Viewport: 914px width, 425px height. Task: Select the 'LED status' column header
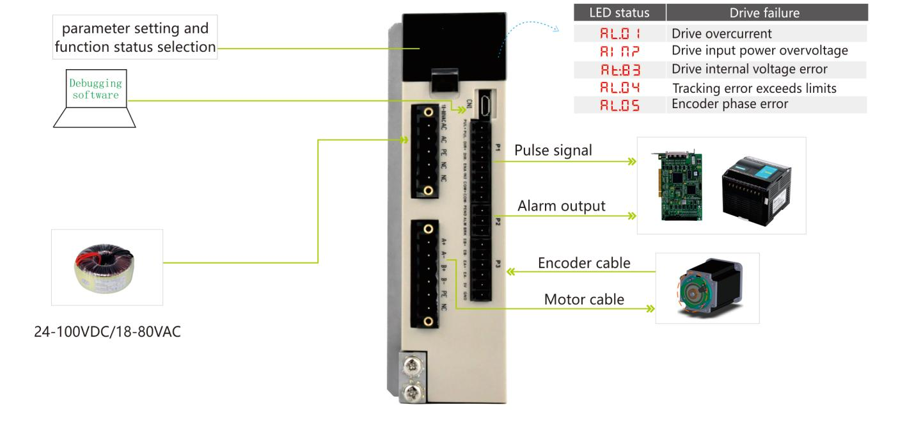619,13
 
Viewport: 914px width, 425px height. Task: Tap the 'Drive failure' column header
764,13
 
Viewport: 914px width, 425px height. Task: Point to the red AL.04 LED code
619,88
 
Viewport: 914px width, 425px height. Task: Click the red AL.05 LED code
619,104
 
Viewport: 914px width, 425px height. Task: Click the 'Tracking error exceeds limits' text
753,88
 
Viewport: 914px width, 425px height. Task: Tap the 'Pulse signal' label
553,150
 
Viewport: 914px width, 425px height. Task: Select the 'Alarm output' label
561,206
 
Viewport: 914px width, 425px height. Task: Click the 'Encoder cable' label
583,263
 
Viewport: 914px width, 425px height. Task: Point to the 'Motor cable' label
583,299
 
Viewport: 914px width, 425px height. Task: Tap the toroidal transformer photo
107,267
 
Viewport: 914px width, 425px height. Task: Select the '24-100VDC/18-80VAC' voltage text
107,332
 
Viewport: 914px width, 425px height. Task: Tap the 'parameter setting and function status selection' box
136,38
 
